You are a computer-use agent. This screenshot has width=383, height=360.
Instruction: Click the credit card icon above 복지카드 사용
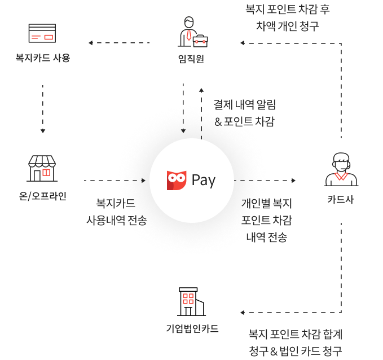pyautogui.click(x=42, y=33)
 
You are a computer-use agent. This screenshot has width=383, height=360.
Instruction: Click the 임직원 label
pyautogui.click(x=191, y=58)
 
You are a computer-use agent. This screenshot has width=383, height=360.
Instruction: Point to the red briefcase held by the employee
pyautogui.click(x=200, y=40)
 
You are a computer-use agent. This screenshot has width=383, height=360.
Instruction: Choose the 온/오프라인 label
pyautogui.click(x=43, y=196)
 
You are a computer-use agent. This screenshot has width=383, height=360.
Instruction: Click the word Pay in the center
pyautogui.click(x=204, y=181)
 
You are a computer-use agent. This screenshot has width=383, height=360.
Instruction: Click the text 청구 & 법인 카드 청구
pyautogui.click(x=296, y=350)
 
